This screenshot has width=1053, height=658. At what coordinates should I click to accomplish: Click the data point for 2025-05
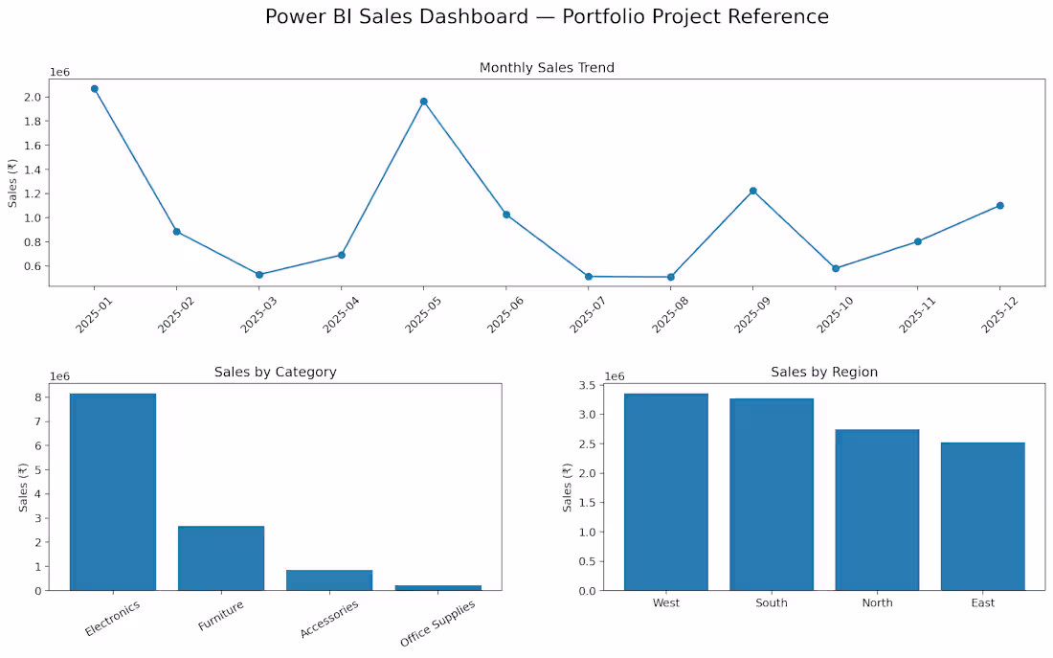(424, 102)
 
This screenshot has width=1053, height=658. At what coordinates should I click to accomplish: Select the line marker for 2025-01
(95, 89)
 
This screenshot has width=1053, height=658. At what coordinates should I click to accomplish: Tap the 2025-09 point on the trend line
(752, 191)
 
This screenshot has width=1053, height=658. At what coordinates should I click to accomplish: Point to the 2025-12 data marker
(1000, 206)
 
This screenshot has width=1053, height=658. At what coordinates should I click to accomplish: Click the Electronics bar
(113, 492)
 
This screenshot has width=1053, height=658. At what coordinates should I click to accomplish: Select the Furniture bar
(221, 557)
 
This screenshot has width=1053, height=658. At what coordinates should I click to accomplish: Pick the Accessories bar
(329, 580)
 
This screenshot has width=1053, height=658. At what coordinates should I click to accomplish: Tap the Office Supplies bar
(437, 587)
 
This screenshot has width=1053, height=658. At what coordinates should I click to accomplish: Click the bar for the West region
(666, 492)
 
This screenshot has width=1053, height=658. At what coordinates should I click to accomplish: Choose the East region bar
(982, 516)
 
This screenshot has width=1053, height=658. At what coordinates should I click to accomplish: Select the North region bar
(877, 510)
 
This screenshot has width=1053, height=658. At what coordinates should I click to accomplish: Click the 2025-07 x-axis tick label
(587, 314)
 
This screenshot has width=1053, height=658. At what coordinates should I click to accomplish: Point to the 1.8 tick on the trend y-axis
(33, 121)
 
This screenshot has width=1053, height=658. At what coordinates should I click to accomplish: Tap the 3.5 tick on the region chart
(587, 385)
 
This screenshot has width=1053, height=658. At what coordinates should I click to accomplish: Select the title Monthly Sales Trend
(547, 67)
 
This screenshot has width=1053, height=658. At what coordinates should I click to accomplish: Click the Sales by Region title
(824, 372)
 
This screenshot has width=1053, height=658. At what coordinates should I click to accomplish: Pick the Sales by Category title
(276, 372)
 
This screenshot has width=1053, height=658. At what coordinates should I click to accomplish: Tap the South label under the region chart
(771, 602)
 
